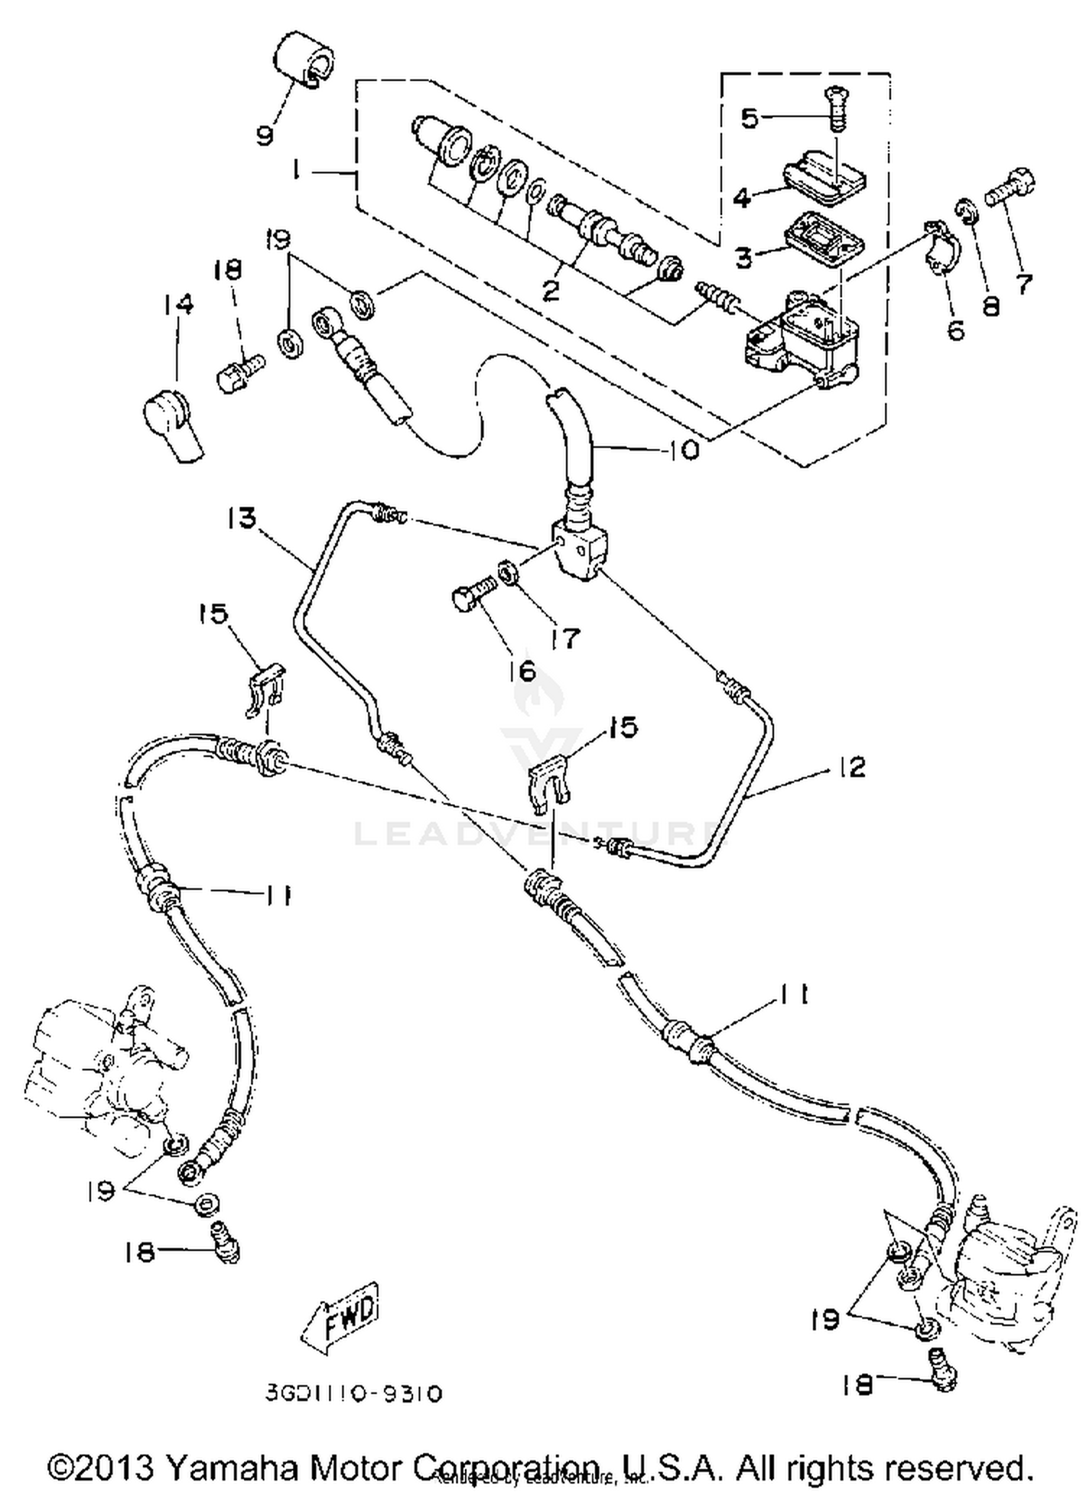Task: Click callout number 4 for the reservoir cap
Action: pyautogui.click(x=741, y=196)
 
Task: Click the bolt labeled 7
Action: pyautogui.click(x=1012, y=185)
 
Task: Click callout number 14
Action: pyautogui.click(x=178, y=304)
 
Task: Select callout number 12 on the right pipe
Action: pyautogui.click(x=853, y=766)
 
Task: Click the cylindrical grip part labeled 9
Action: pyautogui.click(x=304, y=58)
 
